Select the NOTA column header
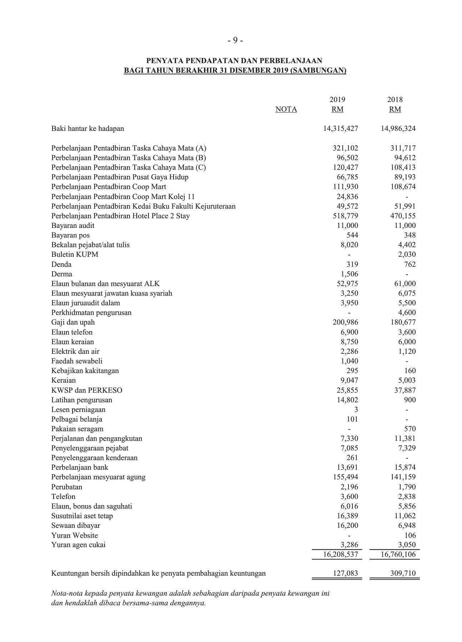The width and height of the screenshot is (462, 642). pyautogui.click(x=286, y=109)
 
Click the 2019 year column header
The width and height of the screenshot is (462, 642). pyautogui.click(x=337, y=100)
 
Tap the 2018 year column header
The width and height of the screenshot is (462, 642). pyautogui.click(x=395, y=100)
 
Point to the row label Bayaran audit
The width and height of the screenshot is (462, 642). pyautogui.click(x=73, y=226)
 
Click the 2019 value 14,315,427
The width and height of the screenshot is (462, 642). pyautogui.click(x=341, y=129)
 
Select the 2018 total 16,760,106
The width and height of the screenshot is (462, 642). pyautogui.click(x=398, y=555)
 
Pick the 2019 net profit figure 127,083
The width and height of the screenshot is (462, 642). pyautogui.click(x=345, y=574)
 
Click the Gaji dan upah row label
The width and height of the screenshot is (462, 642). pyautogui.click(x=73, y=322)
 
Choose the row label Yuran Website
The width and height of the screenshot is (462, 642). pyautogui.click(x=75, y=535)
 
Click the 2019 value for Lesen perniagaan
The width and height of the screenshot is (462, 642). pyautogui.click(x=356, y=410)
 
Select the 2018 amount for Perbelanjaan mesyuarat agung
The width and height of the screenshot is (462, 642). pyautogui.click(x=403, y=477)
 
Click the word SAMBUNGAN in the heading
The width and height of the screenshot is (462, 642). pyautogui.click(x=318, y=71)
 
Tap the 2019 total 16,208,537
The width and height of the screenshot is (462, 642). pyautogui.click(x=341, y=555)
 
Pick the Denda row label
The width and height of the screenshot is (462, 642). pyautogui.click(x=61, y=265)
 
